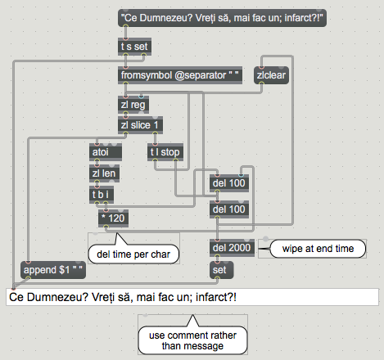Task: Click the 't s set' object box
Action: coord(134,47)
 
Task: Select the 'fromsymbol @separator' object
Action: coord(180,75)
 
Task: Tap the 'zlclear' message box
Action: coord(271,75)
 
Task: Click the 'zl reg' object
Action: coord(133,105)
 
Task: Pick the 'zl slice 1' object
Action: coord(140,125)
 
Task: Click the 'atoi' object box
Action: coord(106,152)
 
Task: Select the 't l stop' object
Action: coord(165,152)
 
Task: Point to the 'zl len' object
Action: coord(104,173)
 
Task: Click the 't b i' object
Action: coord(102,195)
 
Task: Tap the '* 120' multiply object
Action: coord(113,218)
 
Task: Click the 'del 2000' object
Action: coord(232,248)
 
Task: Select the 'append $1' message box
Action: coord(53,270)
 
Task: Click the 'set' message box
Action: coord(222,270)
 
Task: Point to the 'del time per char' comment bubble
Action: coord(133,254)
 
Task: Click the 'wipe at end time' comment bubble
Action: coord(318,249)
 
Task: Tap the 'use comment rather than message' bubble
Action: coord(192,340)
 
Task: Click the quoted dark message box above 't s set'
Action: coord(222,18)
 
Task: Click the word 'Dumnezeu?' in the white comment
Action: coord(58,297)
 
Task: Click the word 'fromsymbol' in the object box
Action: coord(147,75)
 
